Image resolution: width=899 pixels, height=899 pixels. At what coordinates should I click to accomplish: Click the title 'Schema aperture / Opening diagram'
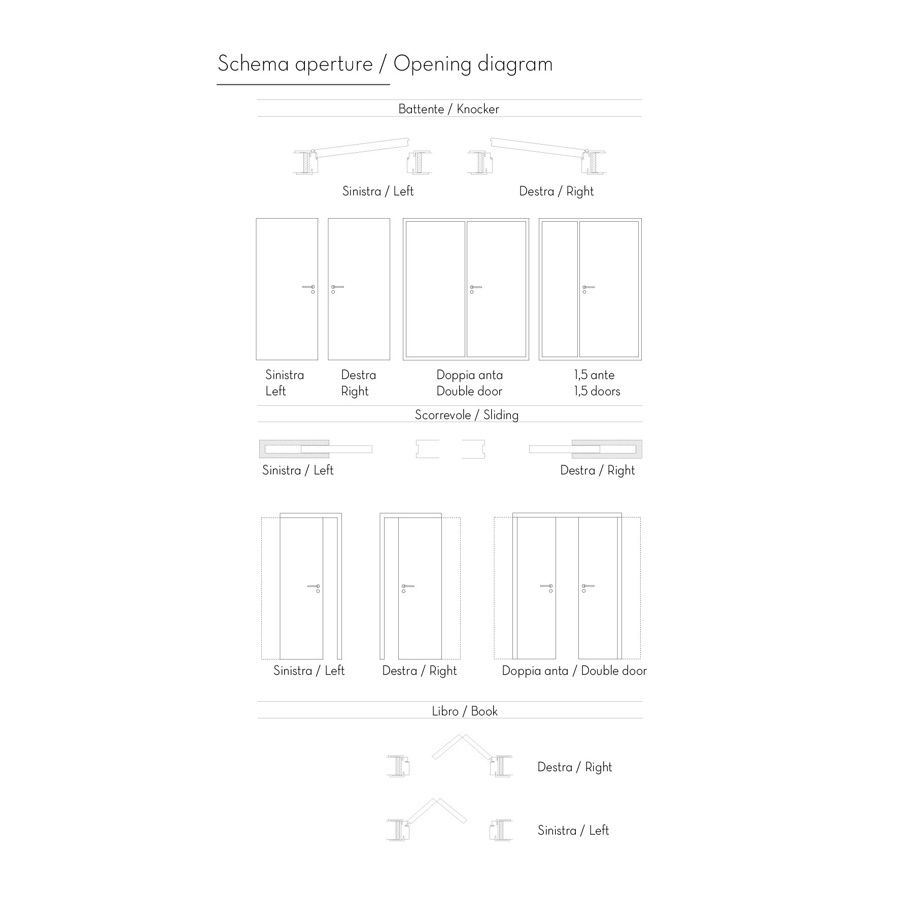pyautogui.click(x=385, y=64)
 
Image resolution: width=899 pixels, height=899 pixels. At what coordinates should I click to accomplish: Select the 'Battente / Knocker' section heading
pyautogui.click(x=449, y=109)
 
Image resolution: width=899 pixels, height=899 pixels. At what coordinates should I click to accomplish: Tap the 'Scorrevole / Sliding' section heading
pyautogui.click(x=467, y=415)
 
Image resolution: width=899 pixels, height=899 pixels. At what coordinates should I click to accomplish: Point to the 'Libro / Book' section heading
pyautogui.click(x=465, y=711)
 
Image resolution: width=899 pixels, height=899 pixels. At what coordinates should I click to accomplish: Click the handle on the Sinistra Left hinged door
pyautogui.click(x=308, y=288)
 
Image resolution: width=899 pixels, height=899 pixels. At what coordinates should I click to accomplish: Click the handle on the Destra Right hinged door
pyautogui.click(x=337, y=288)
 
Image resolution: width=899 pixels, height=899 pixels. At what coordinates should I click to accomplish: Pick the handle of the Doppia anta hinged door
pyautogui.click(x=475, y=288)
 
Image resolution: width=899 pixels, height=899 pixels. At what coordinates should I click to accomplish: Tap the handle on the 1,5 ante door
pyautogui.click(x=588, y=288)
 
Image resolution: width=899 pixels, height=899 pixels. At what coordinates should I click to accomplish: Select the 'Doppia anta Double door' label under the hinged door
pyautogui.click(x=470, y=383)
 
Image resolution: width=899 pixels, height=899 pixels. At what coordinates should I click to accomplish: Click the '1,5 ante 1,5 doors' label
pyautogui.click(x=597, y=383)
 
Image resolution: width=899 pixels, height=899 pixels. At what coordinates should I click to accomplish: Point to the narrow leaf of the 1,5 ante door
pyautogui.click(x=560, y=289)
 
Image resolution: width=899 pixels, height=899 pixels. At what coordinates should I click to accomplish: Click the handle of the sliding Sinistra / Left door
pyautogui.click(x=314, y=587)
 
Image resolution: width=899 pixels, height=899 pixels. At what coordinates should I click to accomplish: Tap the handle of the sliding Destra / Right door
pyautogui.click(x=408, y=587)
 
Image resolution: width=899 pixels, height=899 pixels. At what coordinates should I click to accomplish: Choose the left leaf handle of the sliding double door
pyautogui.click(x=546, y=587)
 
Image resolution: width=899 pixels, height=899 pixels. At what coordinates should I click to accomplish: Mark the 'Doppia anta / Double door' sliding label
pyautogui.click(x=574, y=671)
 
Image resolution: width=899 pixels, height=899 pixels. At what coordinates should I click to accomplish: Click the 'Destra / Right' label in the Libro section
pyautogui.click(x=575, y=767)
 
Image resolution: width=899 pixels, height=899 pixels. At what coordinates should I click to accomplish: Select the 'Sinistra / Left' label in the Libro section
pyautogui.click(x=573, y=831)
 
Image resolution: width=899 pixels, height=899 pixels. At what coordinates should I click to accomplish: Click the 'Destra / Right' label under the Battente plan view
pyautogui.click(x=557, y=191)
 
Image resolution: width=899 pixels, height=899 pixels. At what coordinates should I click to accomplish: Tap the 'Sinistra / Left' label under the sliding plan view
pyautogui.click(x=298, y=470)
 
